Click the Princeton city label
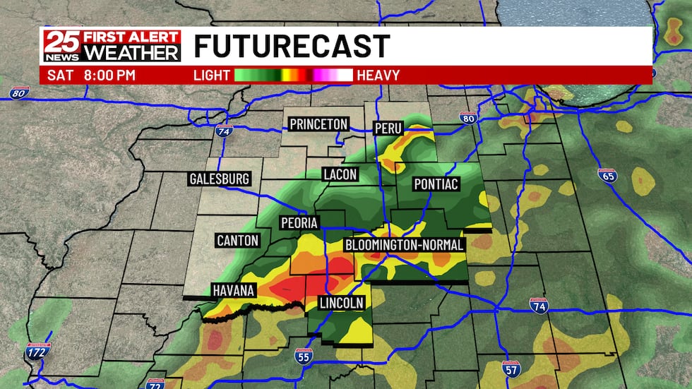point(319,124)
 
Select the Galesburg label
point(220,179)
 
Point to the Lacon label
point(340,174)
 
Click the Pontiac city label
point(436,184)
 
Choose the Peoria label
point(299,222)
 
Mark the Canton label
point(238,241)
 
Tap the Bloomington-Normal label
point(405,245)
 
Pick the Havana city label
point(233,290)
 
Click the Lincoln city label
point(342,303)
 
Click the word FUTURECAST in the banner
point(292,47)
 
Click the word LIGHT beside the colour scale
point(212,75)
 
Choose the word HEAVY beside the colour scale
point(378,75)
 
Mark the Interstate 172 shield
point(35,351)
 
